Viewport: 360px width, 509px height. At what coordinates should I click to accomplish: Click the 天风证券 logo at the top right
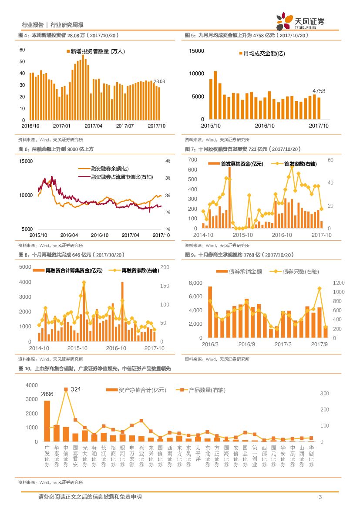pyautogui.click(x=300, y=21)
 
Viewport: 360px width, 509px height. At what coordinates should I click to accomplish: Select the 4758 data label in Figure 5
pyautogui.click(x=319, y=91)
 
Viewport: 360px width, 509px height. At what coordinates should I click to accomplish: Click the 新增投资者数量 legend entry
pyautogui.click(x=95, y=51)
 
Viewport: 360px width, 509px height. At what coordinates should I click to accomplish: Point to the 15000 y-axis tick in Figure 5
pyautogui.click(x=196, y=51)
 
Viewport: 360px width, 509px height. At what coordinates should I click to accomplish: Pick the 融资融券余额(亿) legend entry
pyautogui.click(x=110, y=169)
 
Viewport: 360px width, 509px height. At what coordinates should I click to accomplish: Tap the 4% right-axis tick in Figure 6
pyautogui.click(x=168, y=161)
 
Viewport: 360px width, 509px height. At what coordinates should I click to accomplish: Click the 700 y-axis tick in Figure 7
pyautogui.click(x=192, y=160)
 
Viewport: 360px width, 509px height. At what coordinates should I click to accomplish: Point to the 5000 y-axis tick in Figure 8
pyautogui.click(x=25, y=266)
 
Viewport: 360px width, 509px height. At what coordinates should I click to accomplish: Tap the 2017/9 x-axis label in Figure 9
pyautogui.click(x=319, y=344)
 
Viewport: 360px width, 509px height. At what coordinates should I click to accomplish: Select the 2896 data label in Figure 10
pyautogui.click(x=47, y=394)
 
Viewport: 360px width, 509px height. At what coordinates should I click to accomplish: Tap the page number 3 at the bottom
pyautogui.click(x=320, y=497)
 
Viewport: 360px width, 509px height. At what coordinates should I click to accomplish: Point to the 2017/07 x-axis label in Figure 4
pyautogui.click(x=124, y=126)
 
